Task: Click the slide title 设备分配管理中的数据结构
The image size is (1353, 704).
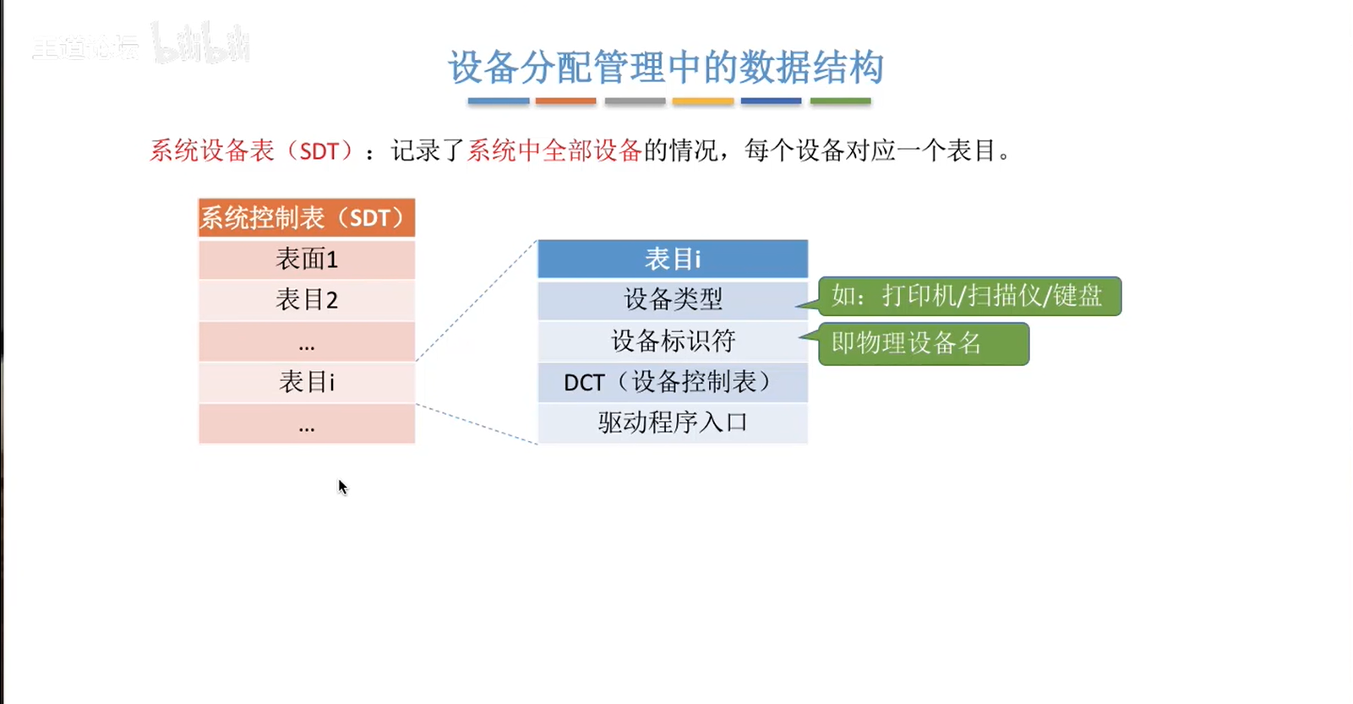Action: point(666,67)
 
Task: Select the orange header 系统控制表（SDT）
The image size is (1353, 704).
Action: point(307,217)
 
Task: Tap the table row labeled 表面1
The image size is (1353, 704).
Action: point(307,259)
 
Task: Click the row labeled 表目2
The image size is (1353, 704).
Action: point(307,300)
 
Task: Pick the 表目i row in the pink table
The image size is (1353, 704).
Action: point(307,382)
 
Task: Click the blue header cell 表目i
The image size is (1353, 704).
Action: point(673,259)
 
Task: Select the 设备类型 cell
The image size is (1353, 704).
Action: point(673,300)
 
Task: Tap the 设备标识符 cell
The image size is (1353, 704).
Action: point(673,341)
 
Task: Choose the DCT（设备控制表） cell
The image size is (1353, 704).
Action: point(673,382)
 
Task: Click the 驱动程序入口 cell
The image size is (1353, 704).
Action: point(673,423)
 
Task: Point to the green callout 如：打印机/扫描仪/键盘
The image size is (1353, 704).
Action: point(969,296)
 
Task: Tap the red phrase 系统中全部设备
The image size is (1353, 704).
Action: point(554,150)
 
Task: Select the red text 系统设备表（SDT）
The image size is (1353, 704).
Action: point(253,150)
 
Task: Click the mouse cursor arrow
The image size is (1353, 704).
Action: point(342,487)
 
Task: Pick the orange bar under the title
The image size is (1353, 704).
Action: point(565,101)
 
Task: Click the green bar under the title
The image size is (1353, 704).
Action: point(840,101)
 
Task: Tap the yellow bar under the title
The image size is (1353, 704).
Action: point(703,101)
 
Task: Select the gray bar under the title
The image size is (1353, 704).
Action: point(635,101)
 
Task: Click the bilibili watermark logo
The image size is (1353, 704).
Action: point(200,43)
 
